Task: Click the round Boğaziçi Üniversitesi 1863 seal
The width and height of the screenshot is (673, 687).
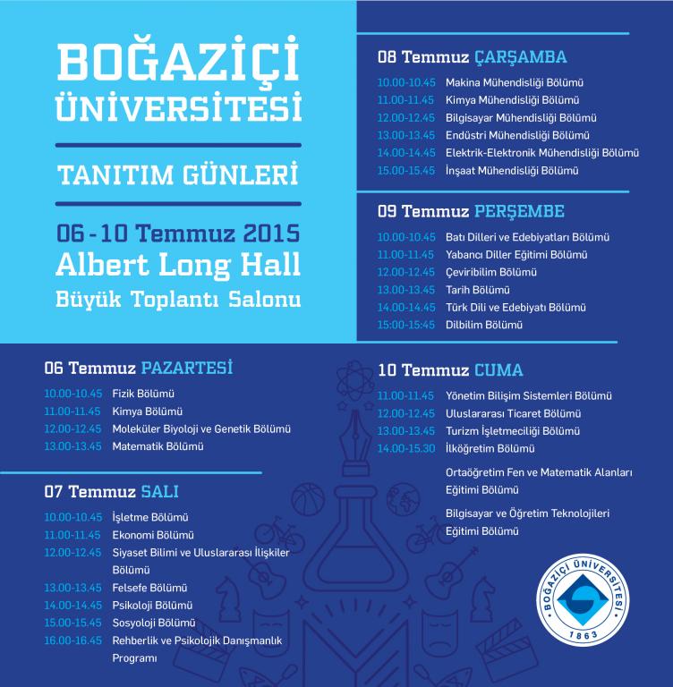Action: pos(601,598)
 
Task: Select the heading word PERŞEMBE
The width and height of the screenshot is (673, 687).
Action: pos(519,212)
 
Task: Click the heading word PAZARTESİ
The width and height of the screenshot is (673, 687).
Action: pos(187,368)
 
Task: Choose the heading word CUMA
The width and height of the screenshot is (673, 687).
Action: pos(499,369)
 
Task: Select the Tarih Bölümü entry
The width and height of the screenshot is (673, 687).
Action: pos(477,290)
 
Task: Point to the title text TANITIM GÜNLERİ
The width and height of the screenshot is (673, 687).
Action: pos(178,173)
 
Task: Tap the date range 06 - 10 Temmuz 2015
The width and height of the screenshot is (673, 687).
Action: pos(177,234)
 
